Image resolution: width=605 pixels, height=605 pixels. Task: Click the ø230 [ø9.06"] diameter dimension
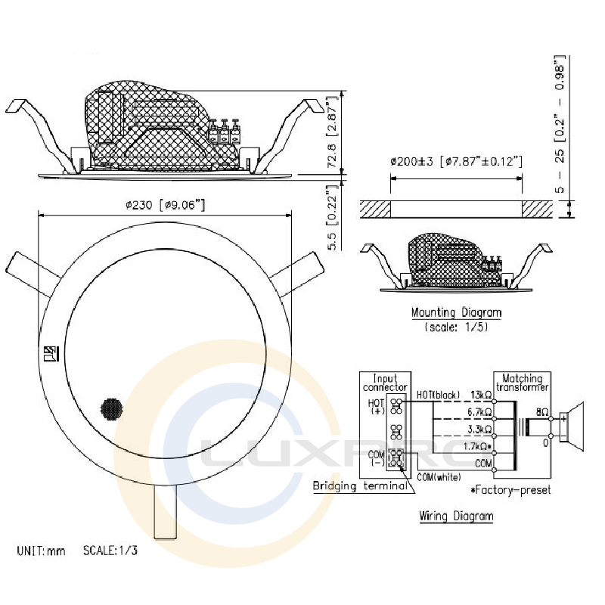(165, 204)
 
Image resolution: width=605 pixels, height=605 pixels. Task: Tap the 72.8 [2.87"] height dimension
(330, 134)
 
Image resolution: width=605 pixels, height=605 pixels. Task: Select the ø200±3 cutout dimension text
(456, 161)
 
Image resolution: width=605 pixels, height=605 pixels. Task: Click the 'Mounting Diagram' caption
(456, 312)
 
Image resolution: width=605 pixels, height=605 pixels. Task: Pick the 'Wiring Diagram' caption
(456, 517)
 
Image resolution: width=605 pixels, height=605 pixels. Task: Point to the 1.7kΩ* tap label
(479, 448)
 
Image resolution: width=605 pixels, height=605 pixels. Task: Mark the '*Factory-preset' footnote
(510, 490)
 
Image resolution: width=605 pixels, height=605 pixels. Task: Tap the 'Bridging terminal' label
(361, 486)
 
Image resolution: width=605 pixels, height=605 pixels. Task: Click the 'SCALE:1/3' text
(111, 551)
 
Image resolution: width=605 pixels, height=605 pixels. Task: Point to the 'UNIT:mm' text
(42, 551)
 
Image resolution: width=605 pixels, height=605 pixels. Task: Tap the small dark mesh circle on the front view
(112, 409)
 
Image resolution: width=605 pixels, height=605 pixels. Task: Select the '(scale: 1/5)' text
(456, 327)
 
